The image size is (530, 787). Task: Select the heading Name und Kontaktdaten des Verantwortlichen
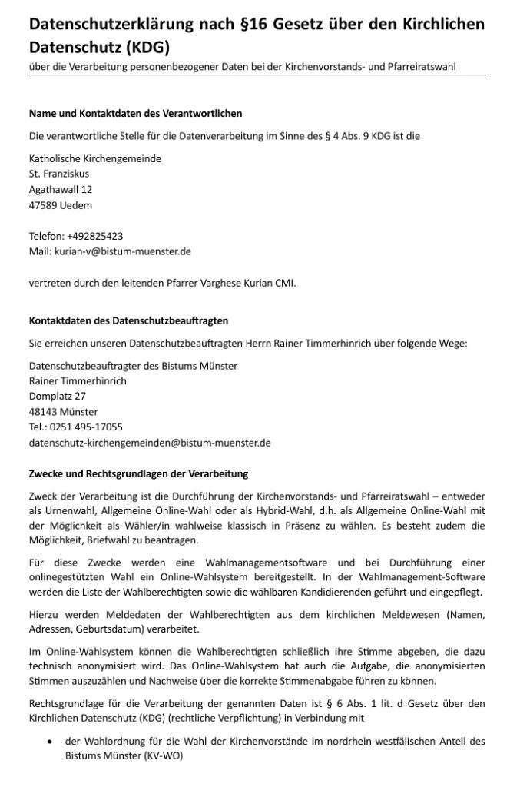click(x=135, y=113)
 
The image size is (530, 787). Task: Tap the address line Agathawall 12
click(x=61, y=189)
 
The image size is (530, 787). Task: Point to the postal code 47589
click(x=41, y=205)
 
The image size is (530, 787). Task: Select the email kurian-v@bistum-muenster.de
click(x=121, y=251)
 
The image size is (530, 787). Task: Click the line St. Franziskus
click(x=58, y=174)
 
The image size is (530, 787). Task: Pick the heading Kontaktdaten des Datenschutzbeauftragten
click(x=128, y=320)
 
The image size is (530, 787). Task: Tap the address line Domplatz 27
click(x=57, y=396)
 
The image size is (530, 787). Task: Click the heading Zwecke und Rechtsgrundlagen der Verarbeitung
click(x=138, y=473)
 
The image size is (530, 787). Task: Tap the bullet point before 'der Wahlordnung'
click(x=50, y=742)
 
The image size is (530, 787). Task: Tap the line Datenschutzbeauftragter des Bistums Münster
click(x=133, y=365)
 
